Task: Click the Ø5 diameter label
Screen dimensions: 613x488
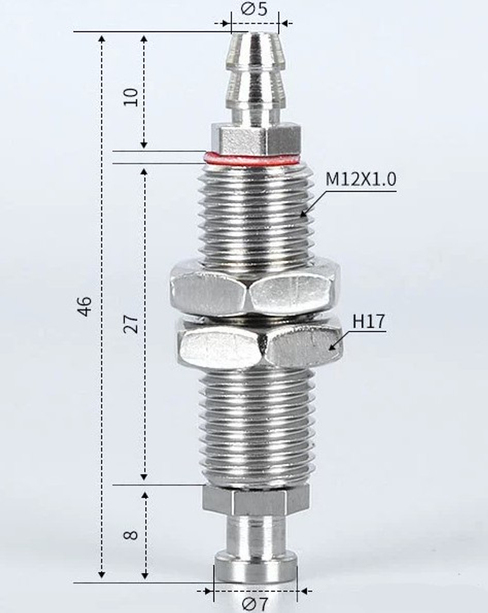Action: coord(254,9)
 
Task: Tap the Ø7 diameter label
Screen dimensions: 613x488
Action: coord(255,604)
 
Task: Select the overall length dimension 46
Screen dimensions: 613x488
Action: coord(85,306)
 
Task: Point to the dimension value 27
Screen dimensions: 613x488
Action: coord(131,323)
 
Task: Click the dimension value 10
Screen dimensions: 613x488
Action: coord(131,97)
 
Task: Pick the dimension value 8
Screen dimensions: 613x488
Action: coord(131,534)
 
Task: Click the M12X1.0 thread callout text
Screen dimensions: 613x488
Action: coord(361,179)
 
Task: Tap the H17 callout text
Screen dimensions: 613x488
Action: coord(369,322)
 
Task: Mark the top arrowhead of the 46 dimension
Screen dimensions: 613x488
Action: coord(102,38)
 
